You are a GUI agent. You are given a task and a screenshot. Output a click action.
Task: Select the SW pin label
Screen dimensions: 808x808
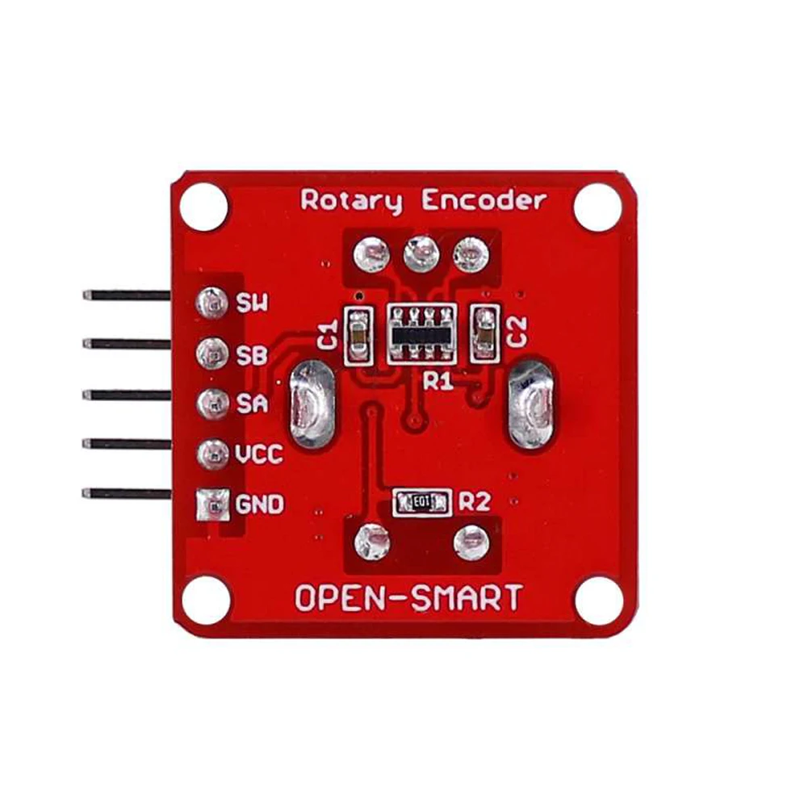[253, 304]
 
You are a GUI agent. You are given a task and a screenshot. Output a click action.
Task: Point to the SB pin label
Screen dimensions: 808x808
[253, 354]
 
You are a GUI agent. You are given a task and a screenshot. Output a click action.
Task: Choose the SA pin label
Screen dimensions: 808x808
[253, 404]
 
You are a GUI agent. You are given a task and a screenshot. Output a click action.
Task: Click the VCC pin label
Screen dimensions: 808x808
[259, 455]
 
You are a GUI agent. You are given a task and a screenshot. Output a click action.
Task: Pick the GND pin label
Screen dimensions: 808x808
[259, 506]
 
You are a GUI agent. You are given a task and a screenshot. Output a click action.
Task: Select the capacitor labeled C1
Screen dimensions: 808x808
[357, 333]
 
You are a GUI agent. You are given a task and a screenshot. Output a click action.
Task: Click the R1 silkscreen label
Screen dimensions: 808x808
[438, 382]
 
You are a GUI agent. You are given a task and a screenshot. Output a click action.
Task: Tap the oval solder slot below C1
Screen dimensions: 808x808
[308, 406]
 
